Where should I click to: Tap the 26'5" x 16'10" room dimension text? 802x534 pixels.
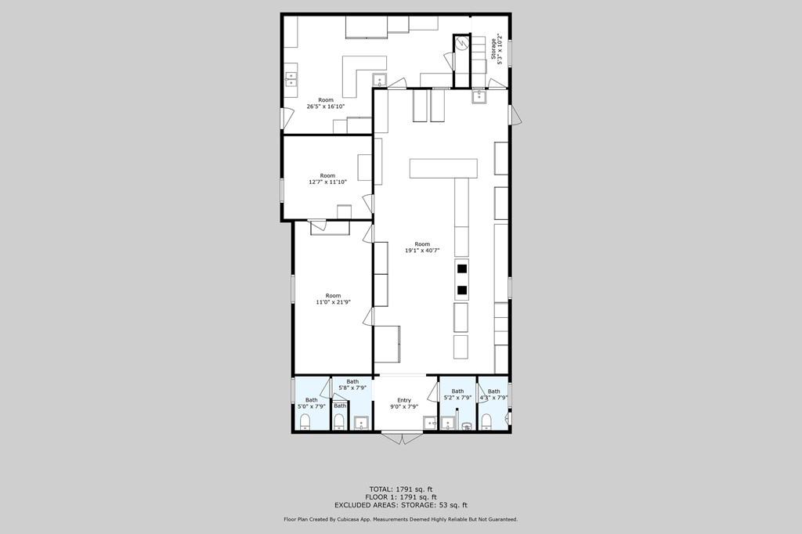[326, 106]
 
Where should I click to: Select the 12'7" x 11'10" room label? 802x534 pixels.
[327, 182]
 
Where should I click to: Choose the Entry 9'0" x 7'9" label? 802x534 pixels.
[404, 403]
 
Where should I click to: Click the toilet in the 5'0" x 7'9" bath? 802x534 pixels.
[305, 423]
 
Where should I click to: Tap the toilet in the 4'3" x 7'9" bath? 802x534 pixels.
[486, 423]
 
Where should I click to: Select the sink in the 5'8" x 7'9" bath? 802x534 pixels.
[361, 424]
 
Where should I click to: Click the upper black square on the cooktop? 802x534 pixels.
[462, 269]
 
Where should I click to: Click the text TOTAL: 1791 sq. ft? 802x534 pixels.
[401, 489]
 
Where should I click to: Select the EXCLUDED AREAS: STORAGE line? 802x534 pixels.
[401, 505]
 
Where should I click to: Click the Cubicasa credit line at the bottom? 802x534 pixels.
[401, 519]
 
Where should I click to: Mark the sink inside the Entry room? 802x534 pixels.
[430, 424]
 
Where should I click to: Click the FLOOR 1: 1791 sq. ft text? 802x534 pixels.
[401, 497]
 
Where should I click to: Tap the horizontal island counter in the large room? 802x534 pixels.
[443, 168]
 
